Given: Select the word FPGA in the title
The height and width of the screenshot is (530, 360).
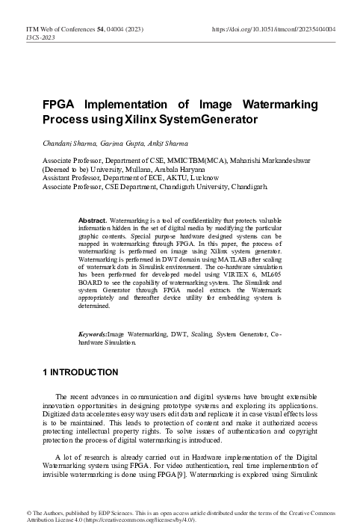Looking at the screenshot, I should point(59,104).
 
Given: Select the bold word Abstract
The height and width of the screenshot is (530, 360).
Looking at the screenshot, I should point(93,200).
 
